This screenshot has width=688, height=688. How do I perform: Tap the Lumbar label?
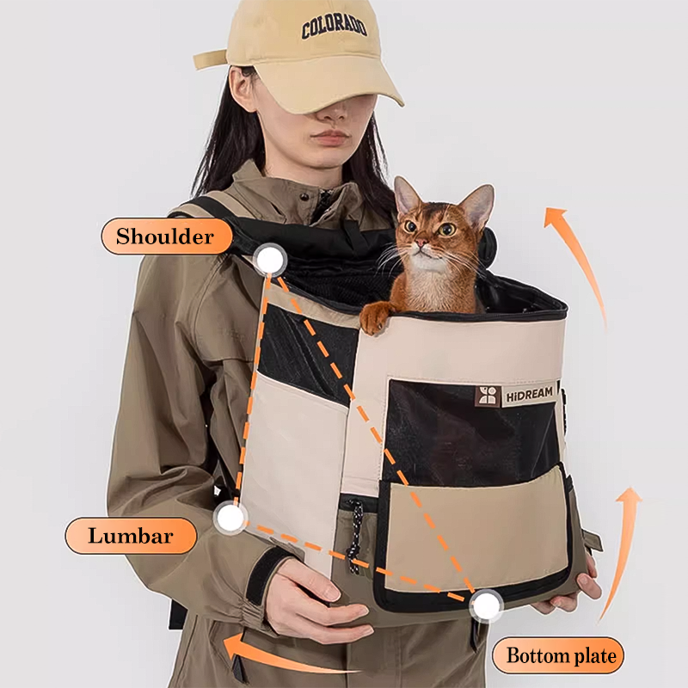131,536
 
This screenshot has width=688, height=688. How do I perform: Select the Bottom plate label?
558,655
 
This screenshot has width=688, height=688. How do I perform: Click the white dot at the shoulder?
270,260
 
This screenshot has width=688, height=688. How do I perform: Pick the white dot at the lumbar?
230,518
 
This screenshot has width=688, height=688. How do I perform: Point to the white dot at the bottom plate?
486,606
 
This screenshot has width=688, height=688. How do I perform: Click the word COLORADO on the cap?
334,28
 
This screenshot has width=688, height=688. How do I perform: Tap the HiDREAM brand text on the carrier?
530,394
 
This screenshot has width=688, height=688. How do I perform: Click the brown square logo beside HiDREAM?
488,396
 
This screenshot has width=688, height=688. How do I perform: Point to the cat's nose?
421,242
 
